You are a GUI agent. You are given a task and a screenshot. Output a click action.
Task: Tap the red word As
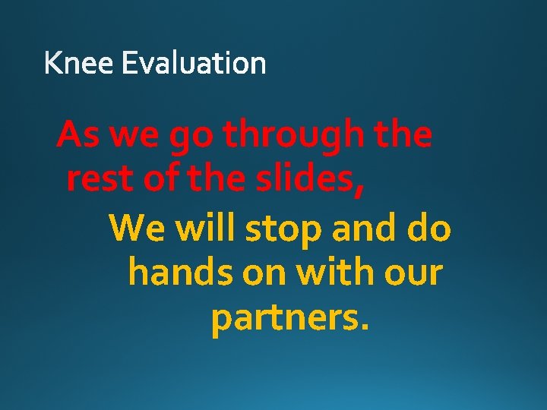pyautogui.click(x=79, y=136)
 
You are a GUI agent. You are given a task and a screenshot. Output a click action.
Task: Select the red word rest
pyautogui.click(x=100, y=181)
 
